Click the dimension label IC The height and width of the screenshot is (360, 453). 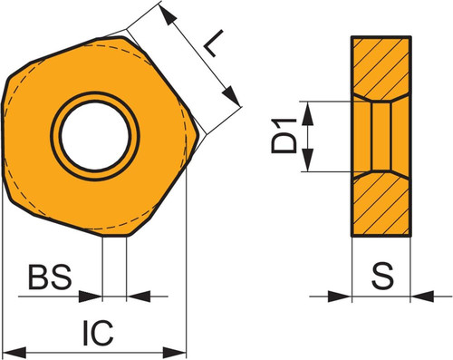click(x=98, y=333)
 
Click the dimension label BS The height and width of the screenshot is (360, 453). click(x=50, y=277)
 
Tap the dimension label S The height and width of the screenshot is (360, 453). click(x=382, y=276)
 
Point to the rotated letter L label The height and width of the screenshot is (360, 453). click(x=214, y=44)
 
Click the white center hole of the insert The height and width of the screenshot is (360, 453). click(x=95, y=136)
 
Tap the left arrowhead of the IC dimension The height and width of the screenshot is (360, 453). click(x=14, y=353)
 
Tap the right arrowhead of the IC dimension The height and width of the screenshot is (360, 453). click(x=174, y=353)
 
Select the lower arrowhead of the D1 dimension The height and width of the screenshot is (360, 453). click(x=307, y=160)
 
